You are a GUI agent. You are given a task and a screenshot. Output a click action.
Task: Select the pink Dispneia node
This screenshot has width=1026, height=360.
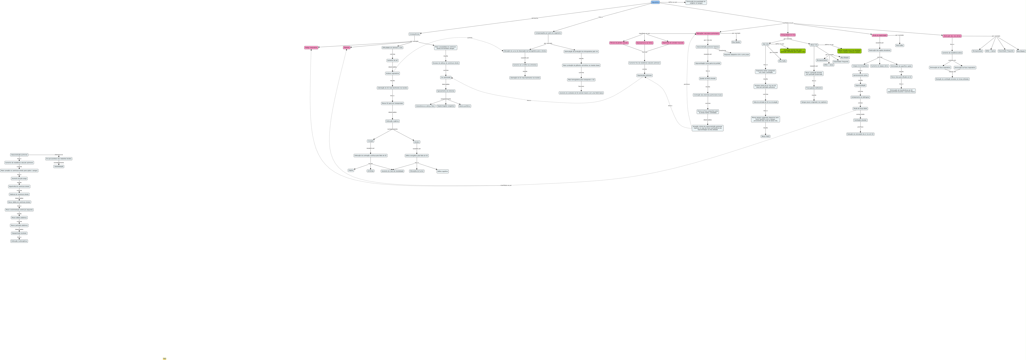coord(346,47)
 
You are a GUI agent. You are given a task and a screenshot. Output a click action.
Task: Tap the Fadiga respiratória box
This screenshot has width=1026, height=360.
coord(311,47)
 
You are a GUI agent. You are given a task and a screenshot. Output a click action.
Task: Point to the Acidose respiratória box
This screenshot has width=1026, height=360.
coord(392,73)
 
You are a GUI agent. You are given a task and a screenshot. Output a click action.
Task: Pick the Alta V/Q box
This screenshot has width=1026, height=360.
coord(765,44)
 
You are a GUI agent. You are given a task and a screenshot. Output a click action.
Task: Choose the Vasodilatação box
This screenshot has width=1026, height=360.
coord(59,167)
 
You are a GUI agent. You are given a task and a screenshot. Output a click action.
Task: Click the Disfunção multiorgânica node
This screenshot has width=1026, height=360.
coord(19,241)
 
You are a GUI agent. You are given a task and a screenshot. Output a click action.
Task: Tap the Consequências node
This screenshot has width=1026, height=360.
coord(414,34)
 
